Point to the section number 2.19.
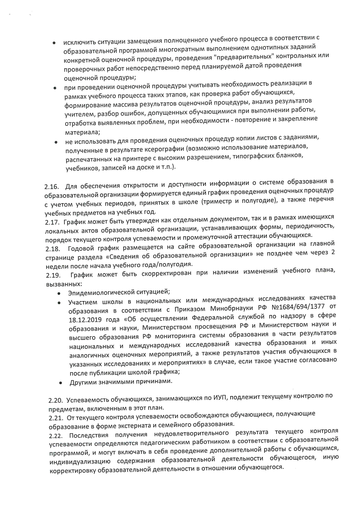tap(53, 275)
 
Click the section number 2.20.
tap(56, 401)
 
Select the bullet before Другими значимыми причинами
tap(60, 383)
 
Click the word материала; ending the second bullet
tap(82, 132)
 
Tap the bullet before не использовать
tap(56, 143)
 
